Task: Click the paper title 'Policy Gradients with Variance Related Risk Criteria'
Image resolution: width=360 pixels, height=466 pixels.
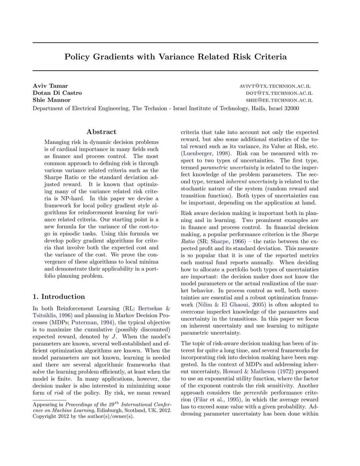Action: [x=175, y=57]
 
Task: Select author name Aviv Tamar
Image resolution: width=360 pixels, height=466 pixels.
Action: [x=50, y=86]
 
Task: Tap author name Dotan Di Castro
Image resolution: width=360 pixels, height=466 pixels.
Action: [x=57, y=93]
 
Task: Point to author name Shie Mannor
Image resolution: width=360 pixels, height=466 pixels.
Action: [x=52, y=100]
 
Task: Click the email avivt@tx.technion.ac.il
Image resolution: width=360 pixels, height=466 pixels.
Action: [x=275, y=86]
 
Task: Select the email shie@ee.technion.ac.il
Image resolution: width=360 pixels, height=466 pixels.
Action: [x=279, y=100]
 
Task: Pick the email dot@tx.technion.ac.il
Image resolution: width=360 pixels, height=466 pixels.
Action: [x=279, y=93]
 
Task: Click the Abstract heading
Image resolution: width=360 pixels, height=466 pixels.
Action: [x=101, y=132]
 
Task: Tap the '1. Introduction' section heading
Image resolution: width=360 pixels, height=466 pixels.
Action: [x=59, y=296]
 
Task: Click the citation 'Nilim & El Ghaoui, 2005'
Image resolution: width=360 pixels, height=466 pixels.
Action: [x=231, y=305]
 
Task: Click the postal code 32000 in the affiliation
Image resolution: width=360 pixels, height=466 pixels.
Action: [x=290, y=108]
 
